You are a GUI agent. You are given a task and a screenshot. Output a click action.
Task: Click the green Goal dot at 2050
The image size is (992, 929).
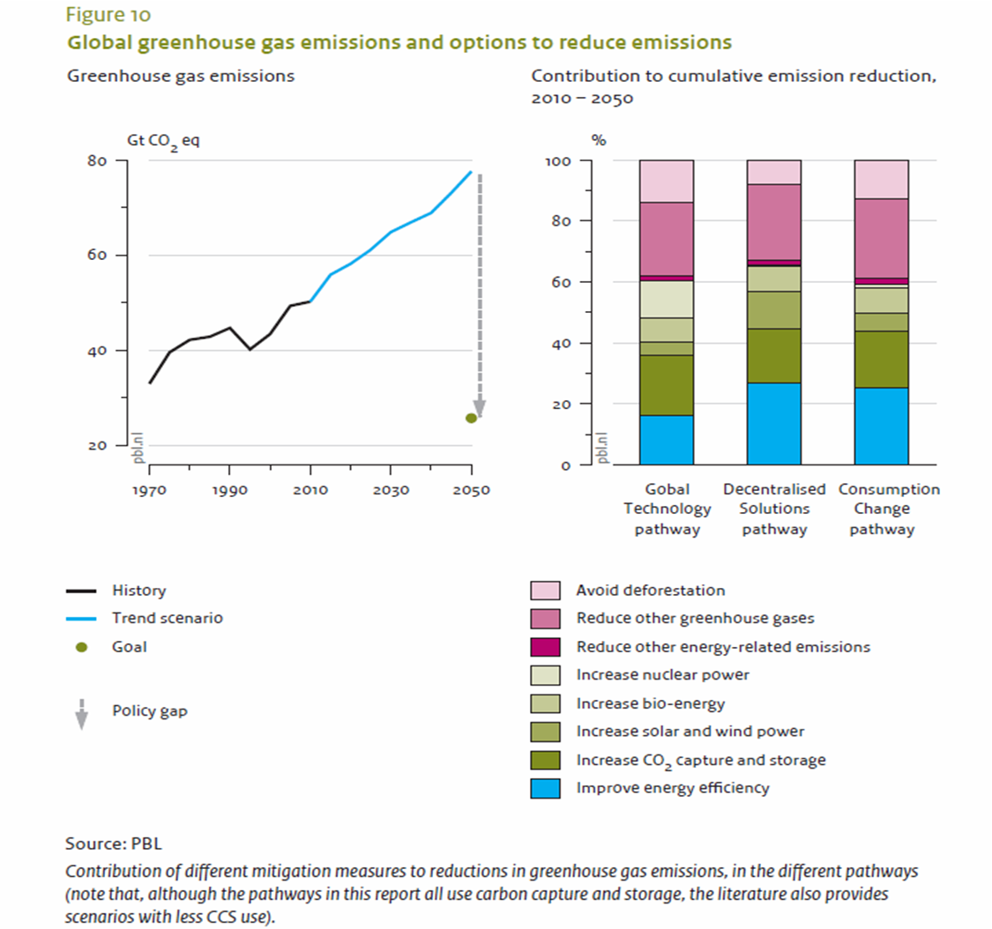[471, 418]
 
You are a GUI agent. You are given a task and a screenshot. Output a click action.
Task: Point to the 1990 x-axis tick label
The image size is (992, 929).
[229, 489]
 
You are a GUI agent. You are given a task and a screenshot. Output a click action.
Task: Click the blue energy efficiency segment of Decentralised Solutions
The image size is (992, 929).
[774, 423]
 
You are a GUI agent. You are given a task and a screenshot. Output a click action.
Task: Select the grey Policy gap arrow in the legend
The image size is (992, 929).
[81, 713]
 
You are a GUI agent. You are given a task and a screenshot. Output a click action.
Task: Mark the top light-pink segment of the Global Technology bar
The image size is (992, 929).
[667, 182]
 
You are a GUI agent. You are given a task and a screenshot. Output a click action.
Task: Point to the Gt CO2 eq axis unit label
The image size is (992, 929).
[164, 140]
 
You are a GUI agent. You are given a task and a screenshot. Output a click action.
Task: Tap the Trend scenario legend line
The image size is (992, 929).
[81, 619]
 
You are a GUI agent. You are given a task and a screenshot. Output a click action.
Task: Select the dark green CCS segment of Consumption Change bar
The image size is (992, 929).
[882, 360]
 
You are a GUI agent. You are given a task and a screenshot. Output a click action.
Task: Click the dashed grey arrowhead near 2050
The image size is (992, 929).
[479, 405]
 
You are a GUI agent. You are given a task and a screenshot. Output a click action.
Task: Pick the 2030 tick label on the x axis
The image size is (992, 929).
[390, 489]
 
